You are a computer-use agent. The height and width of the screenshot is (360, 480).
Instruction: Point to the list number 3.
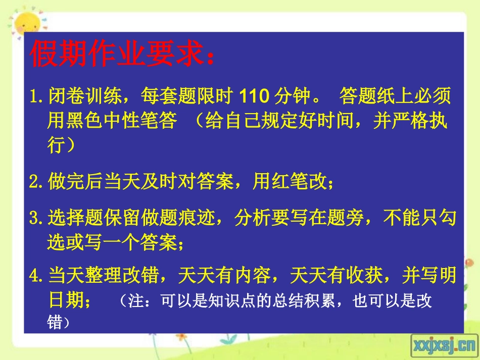pyautogui.click(x=37, y=218)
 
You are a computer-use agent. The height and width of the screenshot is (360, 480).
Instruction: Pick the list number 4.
pyautogui.click(x=37, y=276)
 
